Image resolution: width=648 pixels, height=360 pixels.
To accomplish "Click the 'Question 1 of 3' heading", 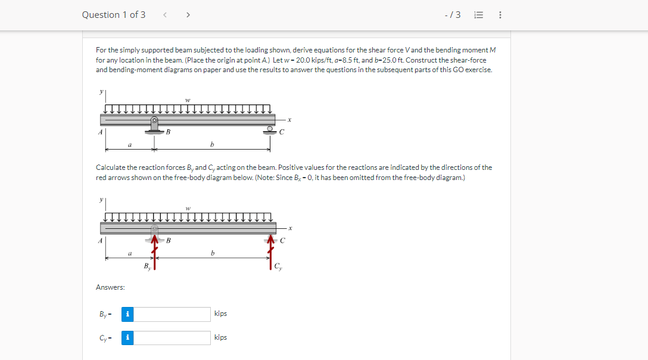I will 114,15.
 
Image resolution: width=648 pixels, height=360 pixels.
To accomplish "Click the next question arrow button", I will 188,15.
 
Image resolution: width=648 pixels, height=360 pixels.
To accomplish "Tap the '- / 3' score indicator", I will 453,15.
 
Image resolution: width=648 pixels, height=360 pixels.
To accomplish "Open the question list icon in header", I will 477,15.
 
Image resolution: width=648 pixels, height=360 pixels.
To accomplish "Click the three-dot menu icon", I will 500,15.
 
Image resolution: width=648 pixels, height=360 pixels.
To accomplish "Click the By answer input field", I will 172,314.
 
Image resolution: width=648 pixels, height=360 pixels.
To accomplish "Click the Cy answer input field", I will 172,338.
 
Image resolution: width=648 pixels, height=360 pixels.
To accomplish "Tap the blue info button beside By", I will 127,314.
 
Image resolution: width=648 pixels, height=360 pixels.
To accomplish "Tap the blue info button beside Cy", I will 127,338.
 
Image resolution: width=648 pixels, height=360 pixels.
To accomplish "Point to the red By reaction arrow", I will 155,253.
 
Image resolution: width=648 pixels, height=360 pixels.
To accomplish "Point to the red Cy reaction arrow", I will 271,253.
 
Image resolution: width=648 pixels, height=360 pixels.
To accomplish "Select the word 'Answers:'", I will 110,287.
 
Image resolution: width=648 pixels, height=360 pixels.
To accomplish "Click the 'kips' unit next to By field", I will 220,314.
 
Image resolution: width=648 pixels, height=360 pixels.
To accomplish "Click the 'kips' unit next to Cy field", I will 220,337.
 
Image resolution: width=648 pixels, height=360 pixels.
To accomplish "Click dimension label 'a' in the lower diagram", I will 130,253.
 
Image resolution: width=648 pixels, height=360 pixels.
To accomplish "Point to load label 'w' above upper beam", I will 188,100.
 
